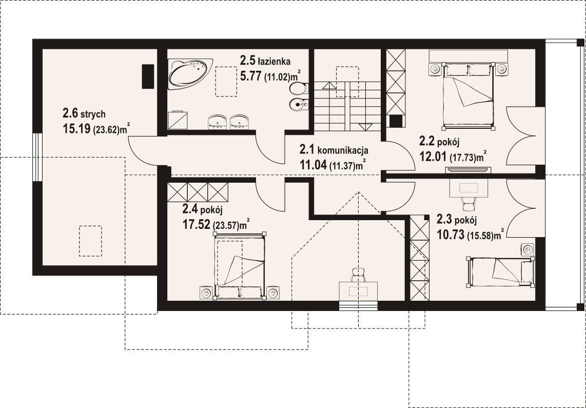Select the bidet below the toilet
pyautogui.click(x=299, y=105)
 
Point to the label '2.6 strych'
pyautogui.click(x=84, y=113)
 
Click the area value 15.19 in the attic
pyautogui.click(x=76, y=129)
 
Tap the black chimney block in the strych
pyautogui.click(x=148, y=76)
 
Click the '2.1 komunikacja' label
pyautogui.click(x=334, y=150)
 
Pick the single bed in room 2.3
pyautogui.click(x=500, y=272)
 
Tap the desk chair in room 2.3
pyautogui.click(x=468, y=203)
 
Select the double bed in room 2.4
pyautogui.click(x=240, y=266)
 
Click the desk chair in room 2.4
pyautogui.click(x=358, y=275)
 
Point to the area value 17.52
pyautogui.click(x=196, y=225)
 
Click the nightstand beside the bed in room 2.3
pyautogui.click(x=528, y=249)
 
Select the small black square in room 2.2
pyautogui.click(x=396, y=121)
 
